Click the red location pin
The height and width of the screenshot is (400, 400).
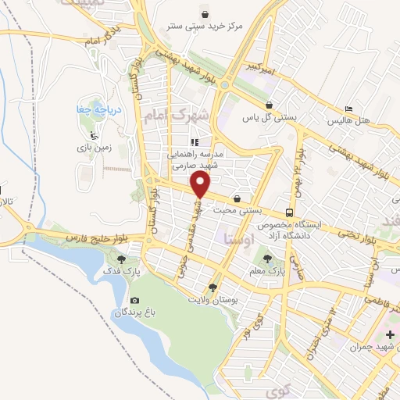tap(201, 184)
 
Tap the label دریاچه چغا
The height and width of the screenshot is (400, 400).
tap(93, 109)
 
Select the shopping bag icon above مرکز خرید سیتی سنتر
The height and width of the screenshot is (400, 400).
tap(205, 13)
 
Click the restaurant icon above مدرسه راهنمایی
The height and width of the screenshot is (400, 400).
tap(195, 142)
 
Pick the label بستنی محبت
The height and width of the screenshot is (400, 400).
tap(257, 211)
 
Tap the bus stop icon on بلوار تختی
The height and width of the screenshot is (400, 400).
tap(290, 212)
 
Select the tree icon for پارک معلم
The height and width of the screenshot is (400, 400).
tap(269, 257)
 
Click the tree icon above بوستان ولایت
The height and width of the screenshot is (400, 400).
tap(212, 287)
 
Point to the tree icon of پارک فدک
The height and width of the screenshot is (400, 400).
tap(120, 258)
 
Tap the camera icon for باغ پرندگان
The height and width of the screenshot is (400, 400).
tap(134, 301)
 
